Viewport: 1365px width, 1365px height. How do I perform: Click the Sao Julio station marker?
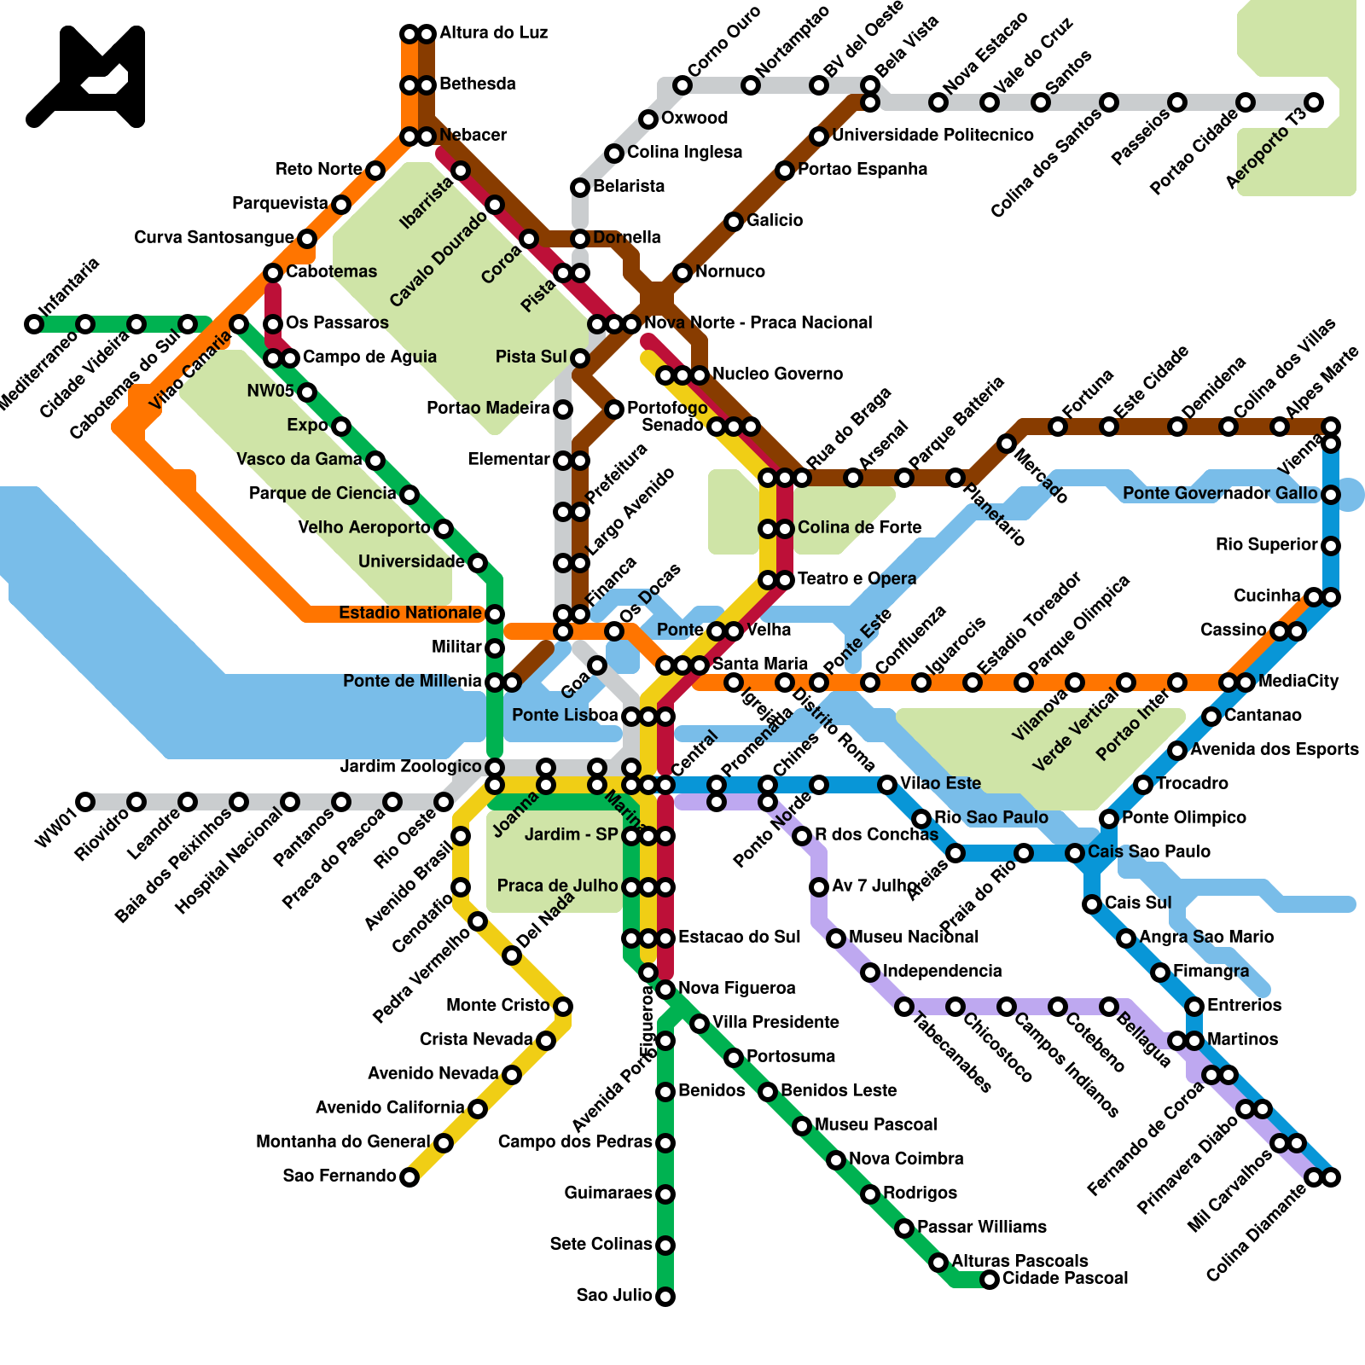[x=665, y=1297]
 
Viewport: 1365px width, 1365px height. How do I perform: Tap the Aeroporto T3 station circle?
[x=1314, y=102]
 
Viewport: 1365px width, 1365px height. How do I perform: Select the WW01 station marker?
[x=85, y=801]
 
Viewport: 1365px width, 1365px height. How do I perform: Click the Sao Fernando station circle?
[x=409, y=1177]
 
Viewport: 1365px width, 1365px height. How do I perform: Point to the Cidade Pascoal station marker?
[x=990, y=1279]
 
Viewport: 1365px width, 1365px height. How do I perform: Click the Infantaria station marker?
[x=34, y=324]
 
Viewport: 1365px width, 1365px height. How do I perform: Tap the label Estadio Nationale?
[x=409, y=613]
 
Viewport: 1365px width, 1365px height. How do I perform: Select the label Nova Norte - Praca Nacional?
[x=758, y=322]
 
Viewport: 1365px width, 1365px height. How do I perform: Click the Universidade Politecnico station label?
[x=932, y=135]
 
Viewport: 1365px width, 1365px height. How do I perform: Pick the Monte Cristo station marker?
[x=563, y=1007]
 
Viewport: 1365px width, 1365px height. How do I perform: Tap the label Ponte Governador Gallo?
[x=1220, y=493]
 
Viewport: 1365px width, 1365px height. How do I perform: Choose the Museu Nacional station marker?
[x=836, y=938]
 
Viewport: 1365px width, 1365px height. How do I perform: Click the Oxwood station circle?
[x=648, y=119]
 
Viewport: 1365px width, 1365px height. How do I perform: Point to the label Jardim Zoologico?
[x=411, y=766]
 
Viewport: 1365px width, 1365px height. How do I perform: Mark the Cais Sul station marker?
[x=1092, y=904]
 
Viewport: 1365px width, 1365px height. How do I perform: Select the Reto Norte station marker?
[x=375, y=171]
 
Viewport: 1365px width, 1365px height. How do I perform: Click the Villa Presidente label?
[x=775, y=1022]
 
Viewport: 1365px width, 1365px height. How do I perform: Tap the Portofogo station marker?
[x=614, y=409]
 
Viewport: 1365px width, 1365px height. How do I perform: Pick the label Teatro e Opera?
[x=857, y=578]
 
